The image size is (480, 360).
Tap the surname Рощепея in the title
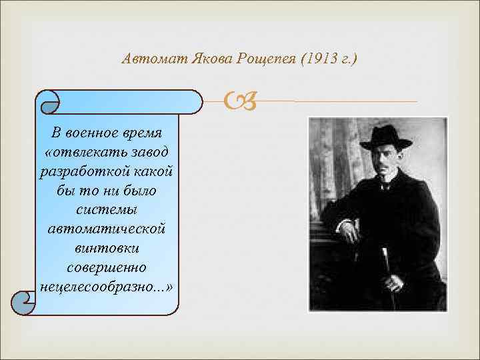[x=266, y=59]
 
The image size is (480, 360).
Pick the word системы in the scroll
[x=107, y=211]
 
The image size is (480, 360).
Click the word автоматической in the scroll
[x=107, y=228]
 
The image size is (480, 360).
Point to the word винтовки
[x=107, y=247]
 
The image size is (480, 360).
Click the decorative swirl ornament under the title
[x=238, y=101]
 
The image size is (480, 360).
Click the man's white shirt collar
[x=385, y=183]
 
